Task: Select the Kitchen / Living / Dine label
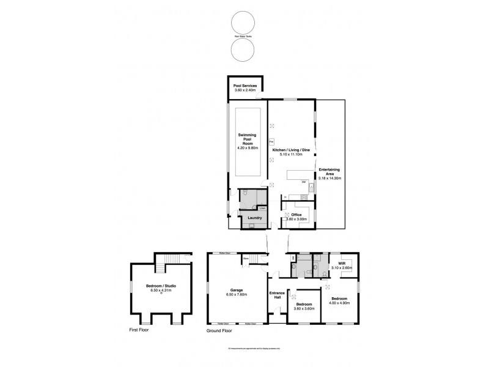[x=291, y=150]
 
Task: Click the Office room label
[x=296, y=215]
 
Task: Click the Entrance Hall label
[x=278, y=295]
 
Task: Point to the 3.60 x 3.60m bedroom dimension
[x=304, y=309]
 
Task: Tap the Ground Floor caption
[x=221, y=329]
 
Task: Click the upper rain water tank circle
[x=243, y=23]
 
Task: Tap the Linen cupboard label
[x=262, y=208]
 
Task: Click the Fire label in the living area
[x=271, y=143]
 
